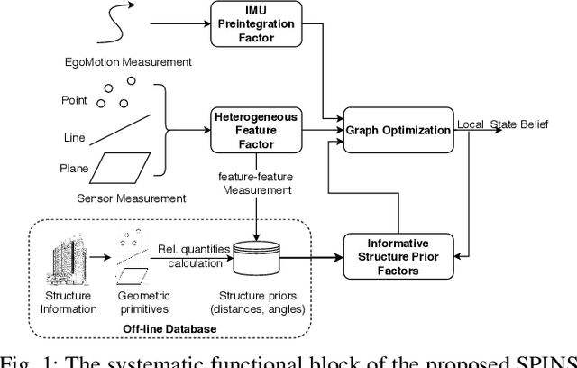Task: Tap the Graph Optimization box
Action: pos(398,130)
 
